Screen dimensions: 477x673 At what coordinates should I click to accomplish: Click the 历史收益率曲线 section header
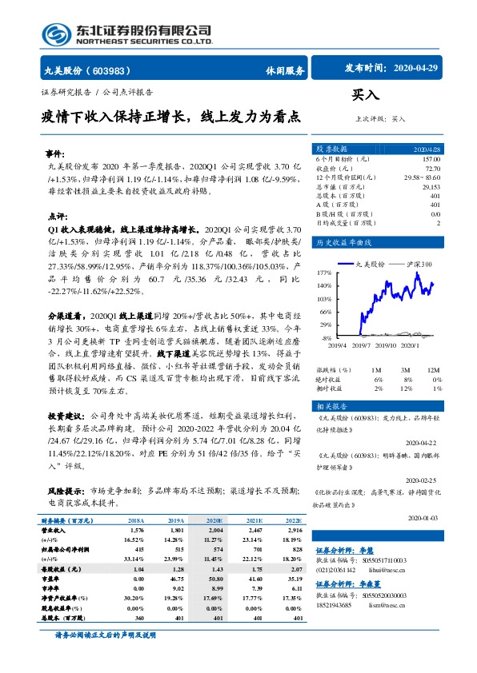(343, 242)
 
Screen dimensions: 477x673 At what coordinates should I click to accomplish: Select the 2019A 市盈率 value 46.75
(176, 576)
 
